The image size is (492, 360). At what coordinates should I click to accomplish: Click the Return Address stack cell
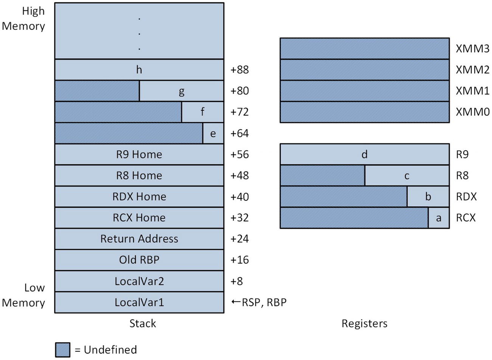(139, 239)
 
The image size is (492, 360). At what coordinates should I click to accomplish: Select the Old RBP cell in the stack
(139, 260)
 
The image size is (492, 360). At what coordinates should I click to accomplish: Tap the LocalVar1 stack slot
(139, 302)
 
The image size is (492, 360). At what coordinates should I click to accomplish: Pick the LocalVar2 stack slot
(139, 281)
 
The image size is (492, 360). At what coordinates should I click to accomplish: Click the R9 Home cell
(139, 154)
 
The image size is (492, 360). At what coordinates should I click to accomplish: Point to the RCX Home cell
(139, 218)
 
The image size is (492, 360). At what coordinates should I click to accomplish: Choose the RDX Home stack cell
(139, 197)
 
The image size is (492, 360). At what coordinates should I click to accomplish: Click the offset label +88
(240, 70)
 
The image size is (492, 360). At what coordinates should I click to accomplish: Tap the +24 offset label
(240, 239)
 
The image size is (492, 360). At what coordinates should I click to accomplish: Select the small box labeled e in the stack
(213, 133)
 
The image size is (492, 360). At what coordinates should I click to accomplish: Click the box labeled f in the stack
(202, 112)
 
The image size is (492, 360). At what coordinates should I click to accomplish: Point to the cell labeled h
(139, 70)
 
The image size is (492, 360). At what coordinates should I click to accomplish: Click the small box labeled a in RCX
(439, 218)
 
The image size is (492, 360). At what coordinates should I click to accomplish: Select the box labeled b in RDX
(428, 197)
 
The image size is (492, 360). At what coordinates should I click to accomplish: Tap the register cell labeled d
(364, 154)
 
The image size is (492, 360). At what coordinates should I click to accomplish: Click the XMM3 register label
(472, 49)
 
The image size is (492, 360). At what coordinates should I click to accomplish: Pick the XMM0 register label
(472, 112)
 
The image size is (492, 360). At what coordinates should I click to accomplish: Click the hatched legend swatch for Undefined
(62, 349)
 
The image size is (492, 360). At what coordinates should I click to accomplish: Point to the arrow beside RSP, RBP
(235, 302)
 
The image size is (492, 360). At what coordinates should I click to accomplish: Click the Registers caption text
(364, 323)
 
